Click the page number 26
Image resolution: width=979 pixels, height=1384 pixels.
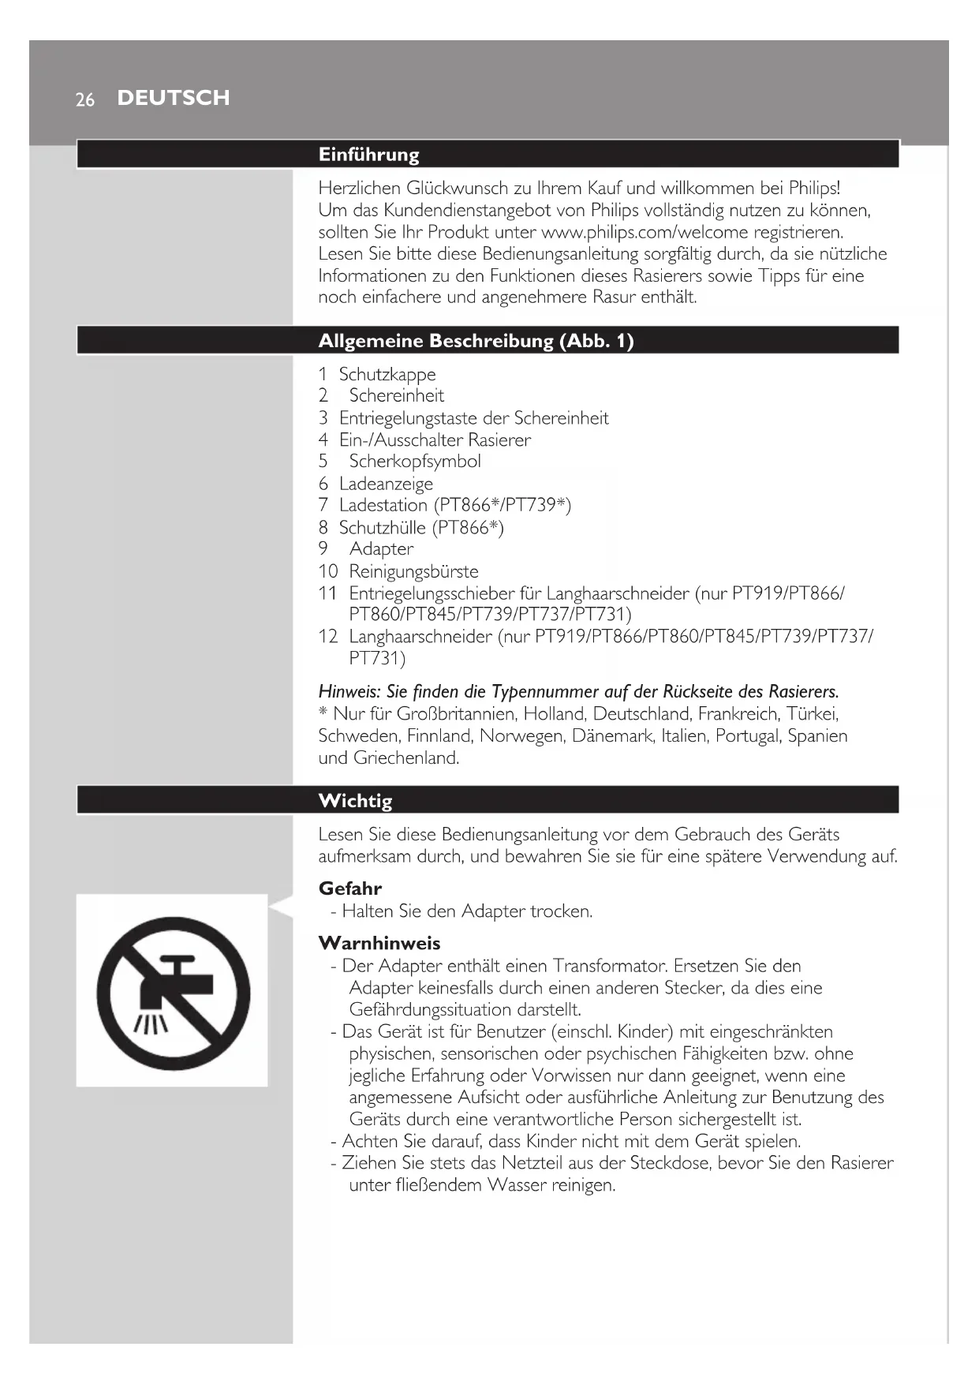(84, 99)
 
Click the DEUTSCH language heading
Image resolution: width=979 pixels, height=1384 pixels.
(174, 98)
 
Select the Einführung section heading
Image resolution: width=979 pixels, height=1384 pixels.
(368, 155)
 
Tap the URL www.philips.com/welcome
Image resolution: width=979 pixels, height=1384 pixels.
(645, 232)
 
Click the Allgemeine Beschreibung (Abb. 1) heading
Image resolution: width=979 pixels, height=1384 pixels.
(476, 341)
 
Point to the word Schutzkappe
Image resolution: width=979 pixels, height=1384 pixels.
(387, 374)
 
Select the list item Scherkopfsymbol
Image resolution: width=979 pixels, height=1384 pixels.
(415, 461)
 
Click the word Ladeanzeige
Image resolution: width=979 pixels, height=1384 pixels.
(386, 484)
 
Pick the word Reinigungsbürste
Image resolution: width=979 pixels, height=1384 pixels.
(413, 571)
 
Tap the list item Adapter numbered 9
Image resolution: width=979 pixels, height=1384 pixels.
(381, 549)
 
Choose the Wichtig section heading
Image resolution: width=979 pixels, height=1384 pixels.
(355, 801)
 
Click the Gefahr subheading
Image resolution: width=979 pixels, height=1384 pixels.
(350, 888)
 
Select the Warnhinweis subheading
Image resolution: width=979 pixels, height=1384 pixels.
(379, 943)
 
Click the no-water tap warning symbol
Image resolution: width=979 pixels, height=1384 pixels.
(173, 991)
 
